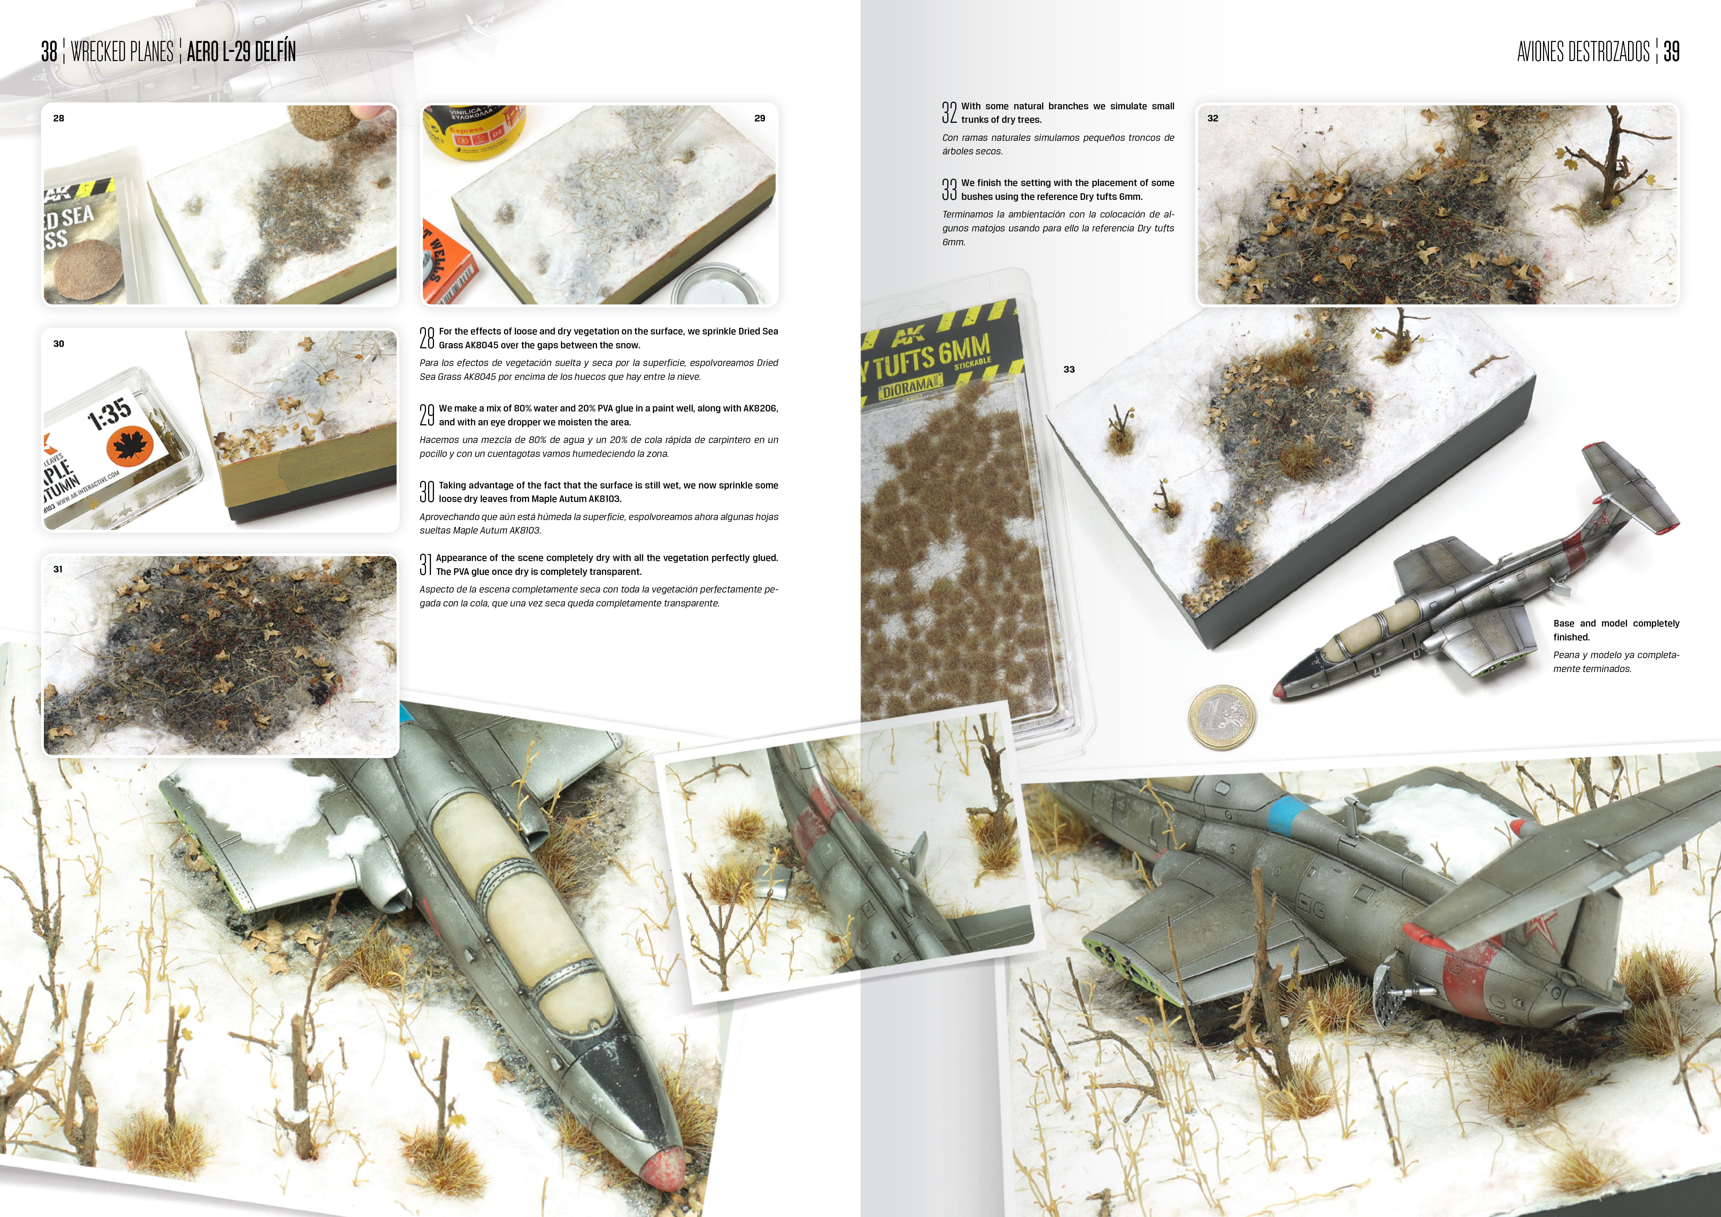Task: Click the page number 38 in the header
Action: point(49,52)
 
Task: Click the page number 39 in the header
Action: point(1671,52)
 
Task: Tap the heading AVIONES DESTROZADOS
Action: point(1583,52)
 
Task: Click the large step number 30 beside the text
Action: point(426,492)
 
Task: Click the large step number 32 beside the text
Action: point(949,112)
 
